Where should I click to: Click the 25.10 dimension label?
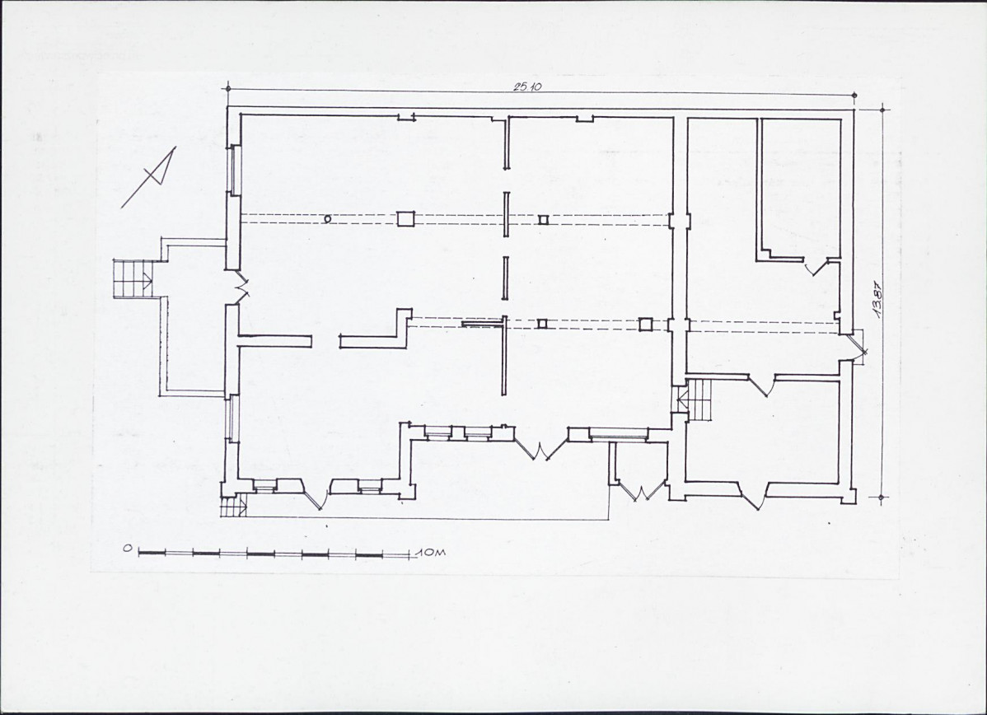coord(527,86)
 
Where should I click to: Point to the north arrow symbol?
coord(150,176)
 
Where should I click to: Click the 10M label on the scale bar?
coord(431,552)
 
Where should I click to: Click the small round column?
coord(327,219)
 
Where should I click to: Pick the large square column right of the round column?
coord(405,218)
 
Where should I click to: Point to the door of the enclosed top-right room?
coord(817,267)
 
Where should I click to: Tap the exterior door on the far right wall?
coord(855,348)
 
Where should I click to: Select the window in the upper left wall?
coord(233,170)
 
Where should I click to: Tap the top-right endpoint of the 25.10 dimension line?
coord(855,96)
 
